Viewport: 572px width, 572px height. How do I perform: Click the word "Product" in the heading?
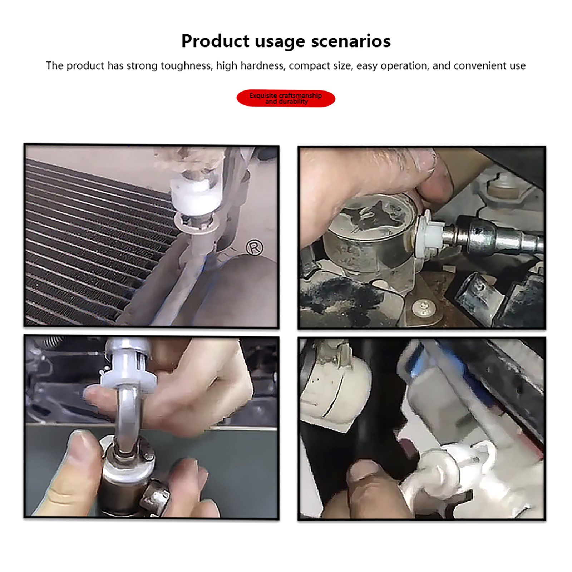[215, 41]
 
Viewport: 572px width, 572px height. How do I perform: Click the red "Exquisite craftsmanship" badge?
[286, 98]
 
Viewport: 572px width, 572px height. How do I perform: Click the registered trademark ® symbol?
[255, 247]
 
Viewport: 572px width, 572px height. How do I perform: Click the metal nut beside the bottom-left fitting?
[154, 497]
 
